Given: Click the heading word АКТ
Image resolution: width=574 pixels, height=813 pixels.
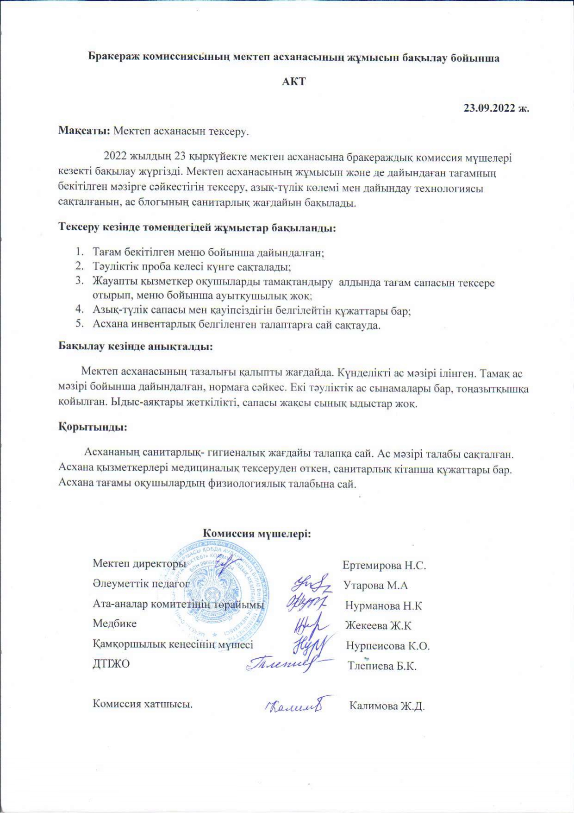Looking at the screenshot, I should click(294, 82).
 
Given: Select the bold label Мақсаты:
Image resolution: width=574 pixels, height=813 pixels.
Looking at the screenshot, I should click(84, 131).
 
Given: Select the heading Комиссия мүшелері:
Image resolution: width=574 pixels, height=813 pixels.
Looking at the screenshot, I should click(257, 533).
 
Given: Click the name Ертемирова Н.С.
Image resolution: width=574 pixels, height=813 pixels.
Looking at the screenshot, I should click(384, 565).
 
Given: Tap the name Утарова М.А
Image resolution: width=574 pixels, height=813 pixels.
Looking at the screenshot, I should click(376, 586).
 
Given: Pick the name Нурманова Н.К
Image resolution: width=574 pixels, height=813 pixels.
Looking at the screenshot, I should click(383, 605).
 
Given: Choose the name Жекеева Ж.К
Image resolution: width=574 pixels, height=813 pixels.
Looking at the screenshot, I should click(378, 626).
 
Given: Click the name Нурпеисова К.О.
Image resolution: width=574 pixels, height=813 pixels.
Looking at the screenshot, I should click(388, 646).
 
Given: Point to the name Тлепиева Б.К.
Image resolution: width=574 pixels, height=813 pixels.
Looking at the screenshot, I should click(382, 666).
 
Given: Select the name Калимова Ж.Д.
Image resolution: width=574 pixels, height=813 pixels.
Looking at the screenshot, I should click(387, 706).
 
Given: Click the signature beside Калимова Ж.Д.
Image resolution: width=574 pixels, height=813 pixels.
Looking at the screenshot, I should click(293, 705).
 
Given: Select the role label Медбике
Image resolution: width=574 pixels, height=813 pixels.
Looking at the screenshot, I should click(114, 624).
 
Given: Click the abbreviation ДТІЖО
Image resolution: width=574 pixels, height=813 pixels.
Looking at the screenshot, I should click(111, 664).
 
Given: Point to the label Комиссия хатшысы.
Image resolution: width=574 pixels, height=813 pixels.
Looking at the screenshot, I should click(143, 704).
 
